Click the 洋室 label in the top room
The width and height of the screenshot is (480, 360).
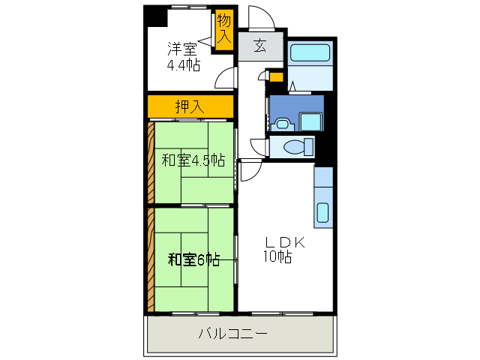tap(182, 49)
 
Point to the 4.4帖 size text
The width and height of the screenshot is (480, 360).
tap(183, 64)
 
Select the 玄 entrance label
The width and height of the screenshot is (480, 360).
tap(259, 46)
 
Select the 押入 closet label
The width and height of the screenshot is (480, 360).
tap(188, 106)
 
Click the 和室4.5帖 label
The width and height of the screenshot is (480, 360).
tap(193, 159)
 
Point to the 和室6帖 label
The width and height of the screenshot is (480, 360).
tap(193, 259)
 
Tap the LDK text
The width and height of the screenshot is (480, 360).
tap(283, 242)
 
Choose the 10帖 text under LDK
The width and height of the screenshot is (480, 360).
tap(277, 257)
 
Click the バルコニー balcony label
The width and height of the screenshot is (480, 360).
tap(233, 334)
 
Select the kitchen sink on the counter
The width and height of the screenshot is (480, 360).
tap(322, 212)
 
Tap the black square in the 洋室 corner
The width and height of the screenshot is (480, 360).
tap(155, 15)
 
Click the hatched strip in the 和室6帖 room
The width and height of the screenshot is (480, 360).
tap(151, 259)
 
